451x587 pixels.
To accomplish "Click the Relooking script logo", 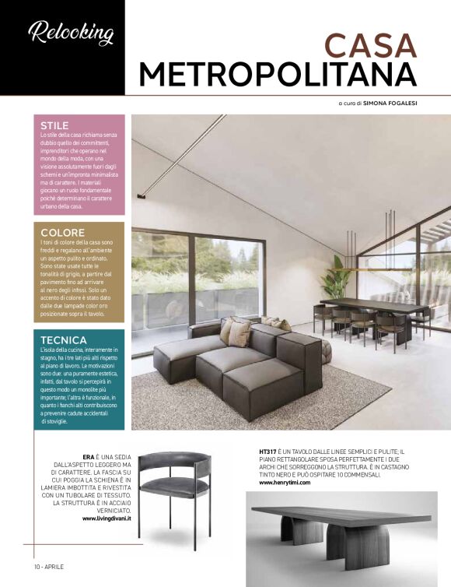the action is coord(71,33).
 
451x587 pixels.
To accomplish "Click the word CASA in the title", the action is coord(369,44).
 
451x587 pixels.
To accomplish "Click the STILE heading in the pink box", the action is coord(54,125).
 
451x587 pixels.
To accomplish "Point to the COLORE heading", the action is coord(62,233).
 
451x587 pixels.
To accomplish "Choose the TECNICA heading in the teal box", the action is coord(64,340).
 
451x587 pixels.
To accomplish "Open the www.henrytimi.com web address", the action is coord(285,483).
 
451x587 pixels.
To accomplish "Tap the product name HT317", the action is coord(268,452).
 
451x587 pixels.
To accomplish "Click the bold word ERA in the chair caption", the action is coord(89,456).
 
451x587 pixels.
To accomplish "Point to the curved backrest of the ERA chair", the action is coord(170,462).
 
